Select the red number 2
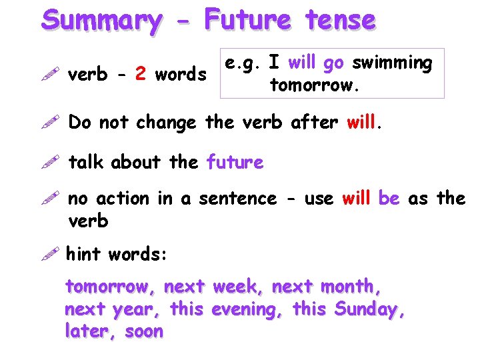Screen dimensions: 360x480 (x=140, y=74)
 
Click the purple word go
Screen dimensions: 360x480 (x=333, y=64)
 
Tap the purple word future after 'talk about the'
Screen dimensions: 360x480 (x=235, y=162)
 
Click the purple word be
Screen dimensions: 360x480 (x=389, y=198)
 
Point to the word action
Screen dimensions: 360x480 (x=123, y=198)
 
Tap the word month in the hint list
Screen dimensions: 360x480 (x=350, y=287)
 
